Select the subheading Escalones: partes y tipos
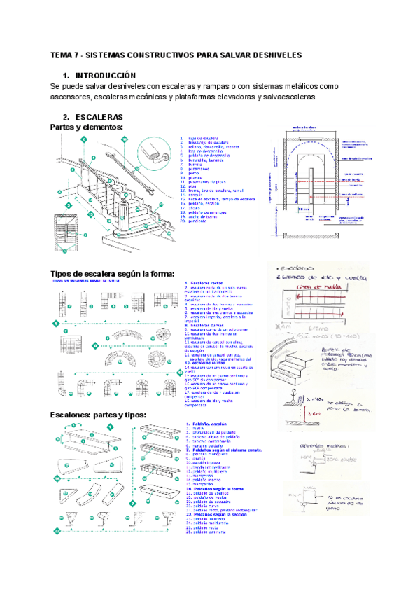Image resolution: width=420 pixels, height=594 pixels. click(x=98, y=415)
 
